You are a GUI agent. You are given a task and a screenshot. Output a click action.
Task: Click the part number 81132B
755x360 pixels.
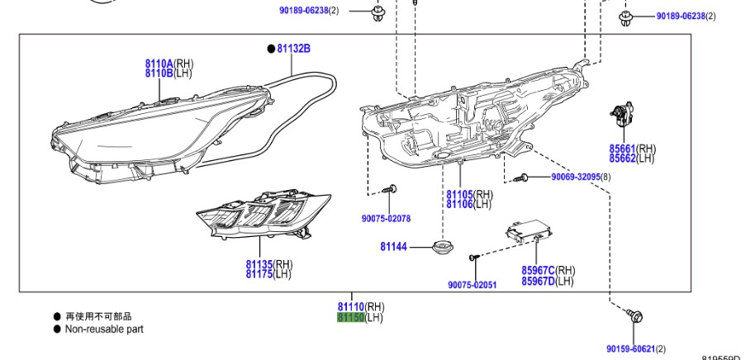(293, 49)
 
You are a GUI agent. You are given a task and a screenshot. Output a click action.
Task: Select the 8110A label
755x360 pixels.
(159, 64)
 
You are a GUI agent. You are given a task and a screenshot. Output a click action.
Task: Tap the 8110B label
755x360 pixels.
(159, 73)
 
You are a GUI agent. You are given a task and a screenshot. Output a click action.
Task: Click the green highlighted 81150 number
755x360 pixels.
(350, 317)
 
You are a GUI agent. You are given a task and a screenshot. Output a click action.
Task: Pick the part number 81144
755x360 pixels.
(393, 246)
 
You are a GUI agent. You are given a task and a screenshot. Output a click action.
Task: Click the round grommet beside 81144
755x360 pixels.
(447, 246)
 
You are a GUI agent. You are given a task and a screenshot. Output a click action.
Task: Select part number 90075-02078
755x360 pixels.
(386, 219)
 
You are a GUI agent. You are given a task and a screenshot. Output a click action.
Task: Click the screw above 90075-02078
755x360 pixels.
(392, 190)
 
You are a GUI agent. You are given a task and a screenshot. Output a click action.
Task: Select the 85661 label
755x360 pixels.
(622, 149)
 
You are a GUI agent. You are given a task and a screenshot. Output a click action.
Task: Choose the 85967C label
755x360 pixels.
(538, 270)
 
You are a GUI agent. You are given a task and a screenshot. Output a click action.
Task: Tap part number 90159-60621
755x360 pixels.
(629, 349)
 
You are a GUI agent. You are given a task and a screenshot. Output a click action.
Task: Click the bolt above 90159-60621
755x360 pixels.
(635, 315)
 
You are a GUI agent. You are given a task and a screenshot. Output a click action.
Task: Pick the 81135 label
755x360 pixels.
(259, 264)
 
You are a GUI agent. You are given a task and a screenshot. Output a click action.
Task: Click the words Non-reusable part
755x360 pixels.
(104, 329)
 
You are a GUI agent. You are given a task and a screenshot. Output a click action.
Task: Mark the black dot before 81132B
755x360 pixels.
(270, 49)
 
